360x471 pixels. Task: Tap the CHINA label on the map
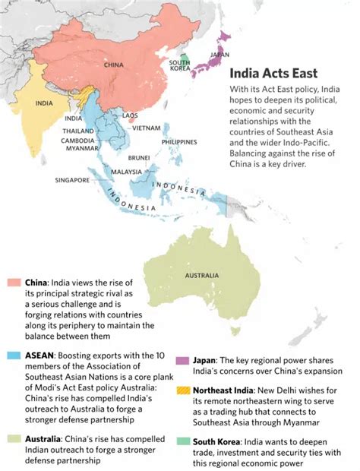coord(114,67)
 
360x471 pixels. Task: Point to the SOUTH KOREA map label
coord(179,65)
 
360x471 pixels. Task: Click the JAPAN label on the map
coord(219,55)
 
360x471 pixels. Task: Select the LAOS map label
coord(130,115)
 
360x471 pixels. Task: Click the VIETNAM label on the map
coord(147,128)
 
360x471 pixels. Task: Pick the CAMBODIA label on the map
coord(79,141)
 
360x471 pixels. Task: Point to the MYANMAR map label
coord(80,150)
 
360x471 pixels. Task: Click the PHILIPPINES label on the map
coord(179,142)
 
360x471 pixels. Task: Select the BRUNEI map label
coord(138,158)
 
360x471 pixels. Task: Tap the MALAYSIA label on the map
coord(127,172)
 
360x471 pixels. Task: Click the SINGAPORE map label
coord(72,180)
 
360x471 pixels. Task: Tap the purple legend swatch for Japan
coord(183,359)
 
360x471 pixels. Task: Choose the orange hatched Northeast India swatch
coord(183,390)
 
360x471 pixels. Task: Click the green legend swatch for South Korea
coord(183,441)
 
